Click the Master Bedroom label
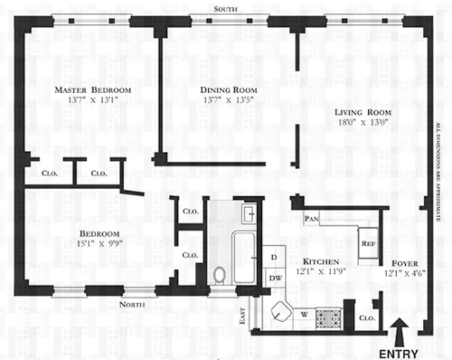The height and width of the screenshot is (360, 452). tap(93, 90)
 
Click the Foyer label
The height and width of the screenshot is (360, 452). tap(404, 264)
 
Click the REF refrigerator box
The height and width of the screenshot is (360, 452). tap(367, 243)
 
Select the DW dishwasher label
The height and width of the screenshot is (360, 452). tap(275, 278)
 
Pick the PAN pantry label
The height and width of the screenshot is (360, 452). tap(311, 219)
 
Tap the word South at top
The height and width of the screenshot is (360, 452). tap(225, 9)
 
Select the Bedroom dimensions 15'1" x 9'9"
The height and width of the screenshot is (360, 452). tap(100, 244)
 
